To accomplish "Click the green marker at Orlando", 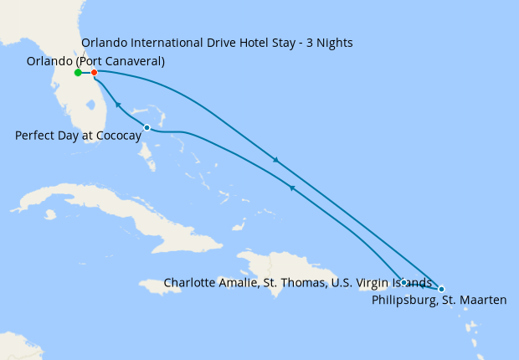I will [78, 73].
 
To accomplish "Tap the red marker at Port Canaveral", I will [95, 73].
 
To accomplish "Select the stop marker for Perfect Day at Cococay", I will [147, 127].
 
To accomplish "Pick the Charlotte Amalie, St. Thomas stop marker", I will [403, 282].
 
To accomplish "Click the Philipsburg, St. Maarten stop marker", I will [441, 289].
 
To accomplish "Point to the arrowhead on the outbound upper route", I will [275, 160].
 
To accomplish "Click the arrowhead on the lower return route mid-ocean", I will [292, 188].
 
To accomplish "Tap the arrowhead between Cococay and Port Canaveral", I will [118, 105].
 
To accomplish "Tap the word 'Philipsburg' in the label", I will [403, 300].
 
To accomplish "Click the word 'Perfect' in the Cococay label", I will [35, 136].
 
